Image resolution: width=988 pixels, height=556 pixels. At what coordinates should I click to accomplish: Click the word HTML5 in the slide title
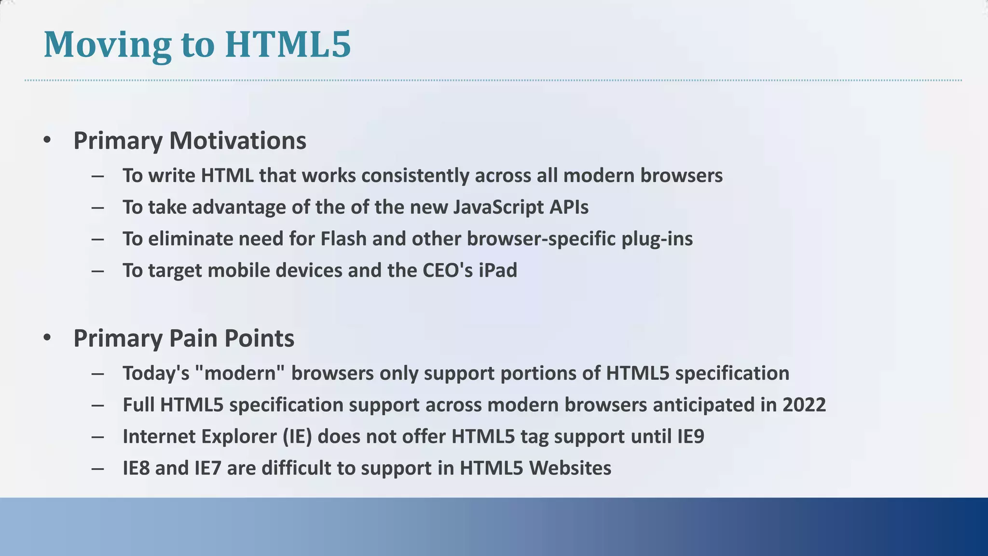pos(288,44)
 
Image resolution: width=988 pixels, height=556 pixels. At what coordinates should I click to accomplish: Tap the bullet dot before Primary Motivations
pos(47,140)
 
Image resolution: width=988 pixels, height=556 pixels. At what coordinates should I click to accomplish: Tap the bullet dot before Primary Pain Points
pos(47,338)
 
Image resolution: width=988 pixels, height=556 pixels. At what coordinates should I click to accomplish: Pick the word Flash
pos(343,239)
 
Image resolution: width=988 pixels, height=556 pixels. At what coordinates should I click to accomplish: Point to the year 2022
pos(804,405)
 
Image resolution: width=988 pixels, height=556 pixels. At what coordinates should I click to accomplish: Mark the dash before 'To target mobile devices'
pos(97,271)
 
